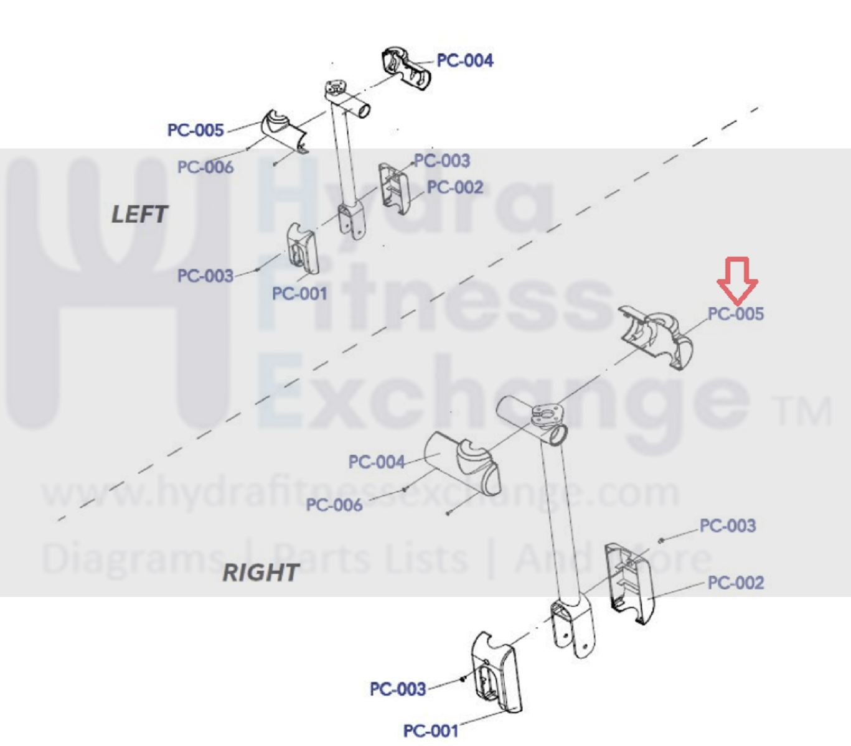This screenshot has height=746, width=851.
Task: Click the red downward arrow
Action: tap(737, 281)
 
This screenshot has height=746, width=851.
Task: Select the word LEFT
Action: tap(139, 215)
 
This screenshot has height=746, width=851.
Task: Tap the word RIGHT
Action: tap(261, 572)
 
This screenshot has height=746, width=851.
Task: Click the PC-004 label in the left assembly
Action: tap(464, 60)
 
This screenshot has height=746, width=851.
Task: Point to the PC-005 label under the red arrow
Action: tap(736, 314)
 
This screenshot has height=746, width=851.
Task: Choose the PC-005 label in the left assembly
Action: tap(195, 130)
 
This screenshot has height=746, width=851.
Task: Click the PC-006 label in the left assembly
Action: tap(205, 167)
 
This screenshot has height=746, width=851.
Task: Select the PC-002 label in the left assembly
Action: tap(455, 187)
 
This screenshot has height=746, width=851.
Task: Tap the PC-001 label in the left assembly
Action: tap(299, 294)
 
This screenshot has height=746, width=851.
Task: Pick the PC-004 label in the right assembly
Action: tap(377, 462)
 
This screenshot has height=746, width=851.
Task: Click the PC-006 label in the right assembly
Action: tap(334, 505)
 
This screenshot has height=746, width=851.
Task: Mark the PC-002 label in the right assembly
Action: tap(736, 583)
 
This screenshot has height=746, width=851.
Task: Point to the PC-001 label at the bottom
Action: tap(431, 730)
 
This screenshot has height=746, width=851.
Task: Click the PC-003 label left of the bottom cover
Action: tap(398, 689)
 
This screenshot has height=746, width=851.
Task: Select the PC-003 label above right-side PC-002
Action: tap(728, 526)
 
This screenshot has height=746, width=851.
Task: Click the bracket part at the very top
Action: tap(406, 67)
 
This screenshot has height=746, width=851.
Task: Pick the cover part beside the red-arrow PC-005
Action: tap(657, 336)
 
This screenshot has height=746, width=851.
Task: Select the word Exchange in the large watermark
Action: tap(504, 398)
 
